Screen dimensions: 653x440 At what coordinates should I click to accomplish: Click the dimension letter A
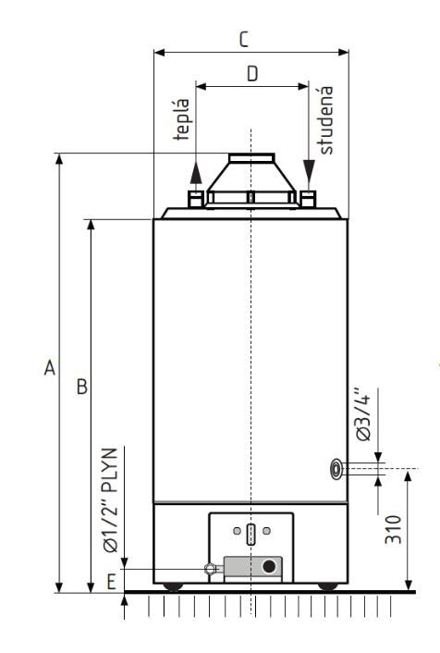click(x=50, y=369)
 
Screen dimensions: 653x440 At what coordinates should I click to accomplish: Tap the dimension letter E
click(x=111, y=580)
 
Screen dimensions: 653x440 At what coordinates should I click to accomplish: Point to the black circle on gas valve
click(x=269, y=566)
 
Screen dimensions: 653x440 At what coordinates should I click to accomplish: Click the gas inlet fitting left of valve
click(x=212, y=569)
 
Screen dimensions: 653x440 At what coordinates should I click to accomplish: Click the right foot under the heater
click(x=326, y=585)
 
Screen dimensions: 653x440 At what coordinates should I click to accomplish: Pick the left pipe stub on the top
click(x=195, y=198)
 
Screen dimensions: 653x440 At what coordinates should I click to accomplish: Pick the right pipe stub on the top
click(x=308, y=197)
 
